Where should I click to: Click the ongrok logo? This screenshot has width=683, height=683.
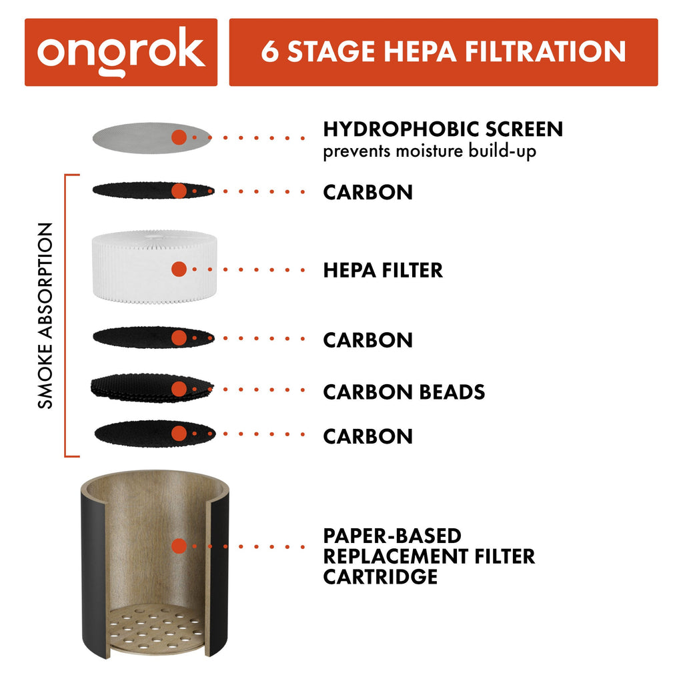tap(121, 52)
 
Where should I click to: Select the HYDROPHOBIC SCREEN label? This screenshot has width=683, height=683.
tap(443, 129)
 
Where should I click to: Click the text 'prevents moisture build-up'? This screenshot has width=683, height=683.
tap(430, 151)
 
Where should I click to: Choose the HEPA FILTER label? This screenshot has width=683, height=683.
tap(383, 270)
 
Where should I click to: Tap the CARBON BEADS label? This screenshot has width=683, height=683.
tap(404, 392)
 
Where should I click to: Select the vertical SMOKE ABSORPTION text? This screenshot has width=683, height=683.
tap(45, 315)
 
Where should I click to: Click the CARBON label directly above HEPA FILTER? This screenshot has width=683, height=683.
tap(368, 192)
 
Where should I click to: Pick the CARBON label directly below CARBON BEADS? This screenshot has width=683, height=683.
tap(368, 436)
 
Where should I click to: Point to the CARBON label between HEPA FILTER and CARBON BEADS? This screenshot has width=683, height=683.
tap(368, 339)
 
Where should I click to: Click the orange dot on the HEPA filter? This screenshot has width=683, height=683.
tap(178, 269)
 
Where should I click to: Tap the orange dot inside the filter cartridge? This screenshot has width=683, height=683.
tap(178, 546)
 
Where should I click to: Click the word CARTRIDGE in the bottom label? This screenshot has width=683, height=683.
tap(380, 576)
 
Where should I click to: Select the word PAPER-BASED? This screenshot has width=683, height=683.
tap(392, 536)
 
